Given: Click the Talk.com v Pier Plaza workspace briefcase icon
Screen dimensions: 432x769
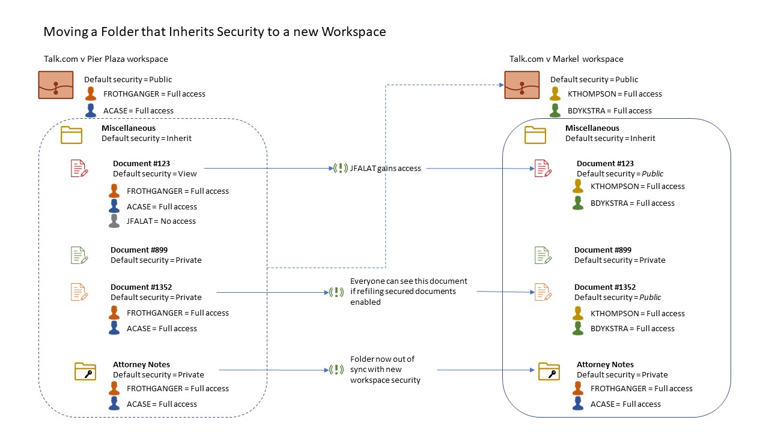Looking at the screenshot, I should coord(56,85).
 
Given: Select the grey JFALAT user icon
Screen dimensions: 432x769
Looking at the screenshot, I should coord(114,221).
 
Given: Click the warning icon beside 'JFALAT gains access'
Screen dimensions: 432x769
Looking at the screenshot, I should coord(341,169).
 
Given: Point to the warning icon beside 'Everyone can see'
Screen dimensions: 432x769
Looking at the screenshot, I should coord(336,292).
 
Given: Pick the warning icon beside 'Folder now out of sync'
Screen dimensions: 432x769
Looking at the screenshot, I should coord(336,370).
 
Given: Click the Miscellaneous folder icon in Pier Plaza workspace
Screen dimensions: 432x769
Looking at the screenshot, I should coord(71,134).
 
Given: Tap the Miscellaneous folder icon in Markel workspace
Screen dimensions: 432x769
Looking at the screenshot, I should coord(535,134).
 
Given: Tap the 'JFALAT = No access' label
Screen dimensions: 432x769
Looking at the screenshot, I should coord(161,221).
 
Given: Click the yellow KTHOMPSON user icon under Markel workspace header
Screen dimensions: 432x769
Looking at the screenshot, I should coord(555,94).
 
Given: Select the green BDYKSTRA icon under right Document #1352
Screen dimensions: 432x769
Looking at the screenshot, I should coord(578,328).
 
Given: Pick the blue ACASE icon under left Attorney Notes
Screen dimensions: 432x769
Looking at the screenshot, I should coord(114,404).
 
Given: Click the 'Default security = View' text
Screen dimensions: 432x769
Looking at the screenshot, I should coord(155,174).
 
